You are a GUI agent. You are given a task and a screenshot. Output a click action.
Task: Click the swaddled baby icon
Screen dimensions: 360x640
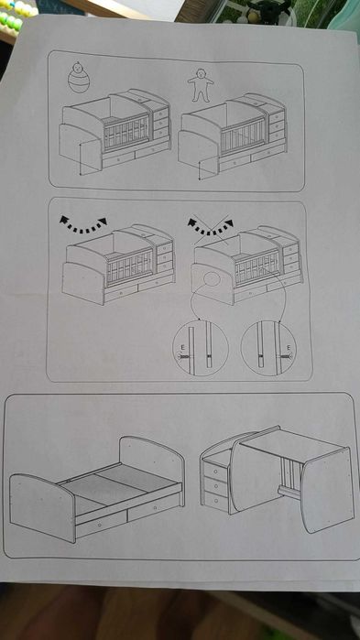tap(79, 77)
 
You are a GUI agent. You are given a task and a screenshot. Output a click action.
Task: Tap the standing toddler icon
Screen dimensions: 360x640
tap(201, 85)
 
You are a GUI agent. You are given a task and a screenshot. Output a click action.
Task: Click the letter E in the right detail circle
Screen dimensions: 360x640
tap(289, 348)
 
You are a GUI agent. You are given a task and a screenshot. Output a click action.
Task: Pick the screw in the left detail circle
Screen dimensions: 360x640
tap(186, 357)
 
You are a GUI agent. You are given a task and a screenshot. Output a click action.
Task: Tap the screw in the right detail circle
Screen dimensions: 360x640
tap(287, 356)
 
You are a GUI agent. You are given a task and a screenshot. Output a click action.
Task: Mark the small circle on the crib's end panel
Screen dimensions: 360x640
tap(212, 279)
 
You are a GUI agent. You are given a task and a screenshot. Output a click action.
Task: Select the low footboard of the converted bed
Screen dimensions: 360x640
tap(41, 507)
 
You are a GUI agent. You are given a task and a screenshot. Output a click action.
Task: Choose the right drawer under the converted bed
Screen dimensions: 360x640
tap(154, 507)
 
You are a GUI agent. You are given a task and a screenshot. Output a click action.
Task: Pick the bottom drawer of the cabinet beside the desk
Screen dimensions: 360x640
tap(214, 500)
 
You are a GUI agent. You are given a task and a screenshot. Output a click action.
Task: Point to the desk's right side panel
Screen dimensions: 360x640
tap(326, 490)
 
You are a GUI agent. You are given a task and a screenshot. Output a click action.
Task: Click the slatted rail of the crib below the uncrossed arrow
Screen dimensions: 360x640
tap(129, 267)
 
